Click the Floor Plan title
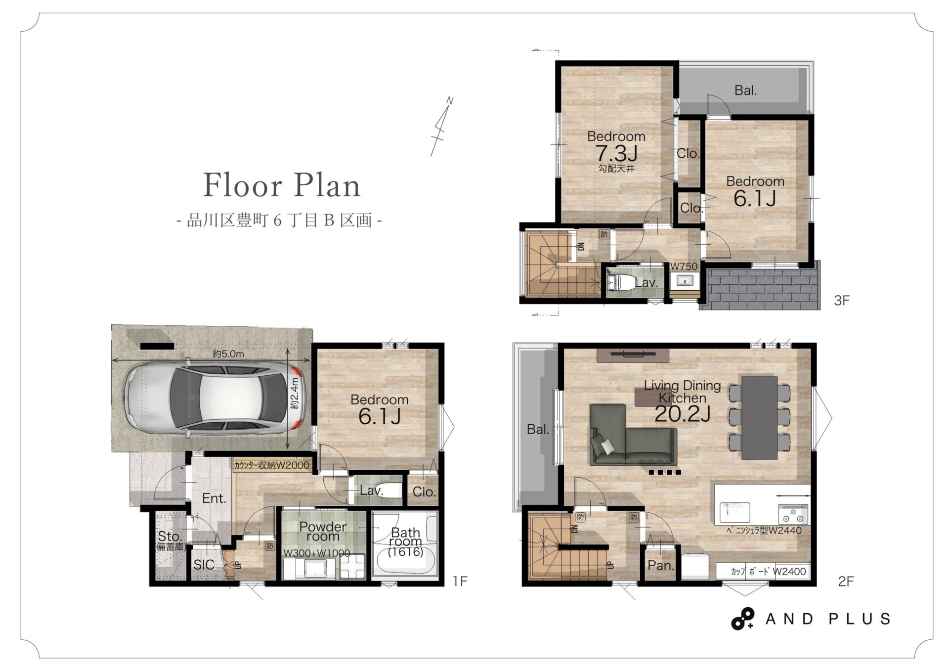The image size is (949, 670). (x=282, y=185)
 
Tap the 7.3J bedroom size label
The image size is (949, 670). (x=616, y=153)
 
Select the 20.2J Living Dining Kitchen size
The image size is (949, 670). (x=682, y=414)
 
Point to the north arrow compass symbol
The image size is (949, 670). (x=441, y=127)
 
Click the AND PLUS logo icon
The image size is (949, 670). (x=742, y=619)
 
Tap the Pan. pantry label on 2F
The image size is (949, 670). (x=661, y=565)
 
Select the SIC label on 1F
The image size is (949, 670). (x=204, y=565)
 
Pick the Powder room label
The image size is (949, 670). (x=323, y=532)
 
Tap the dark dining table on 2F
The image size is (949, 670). (x=760, y=417)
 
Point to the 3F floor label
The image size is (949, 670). (x=842, y=300)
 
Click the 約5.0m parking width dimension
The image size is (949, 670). (x=228, y=354)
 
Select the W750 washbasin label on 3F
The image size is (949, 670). (x=684, y=266)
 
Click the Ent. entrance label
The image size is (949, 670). (x=214, y=498)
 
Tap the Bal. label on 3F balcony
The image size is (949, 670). (x=745, y=90)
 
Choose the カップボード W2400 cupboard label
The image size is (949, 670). (x=768, y=572)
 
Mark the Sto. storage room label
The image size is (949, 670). (x=170, y=536)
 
